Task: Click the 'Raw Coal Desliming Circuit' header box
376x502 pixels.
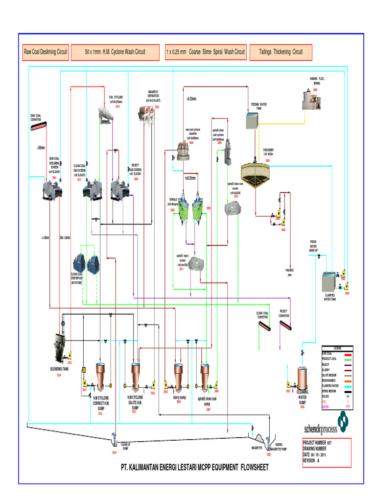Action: coord(46,51)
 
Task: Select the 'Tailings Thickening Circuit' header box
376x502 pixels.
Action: coord(281,51)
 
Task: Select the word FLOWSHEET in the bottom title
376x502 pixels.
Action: coord(252,468)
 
